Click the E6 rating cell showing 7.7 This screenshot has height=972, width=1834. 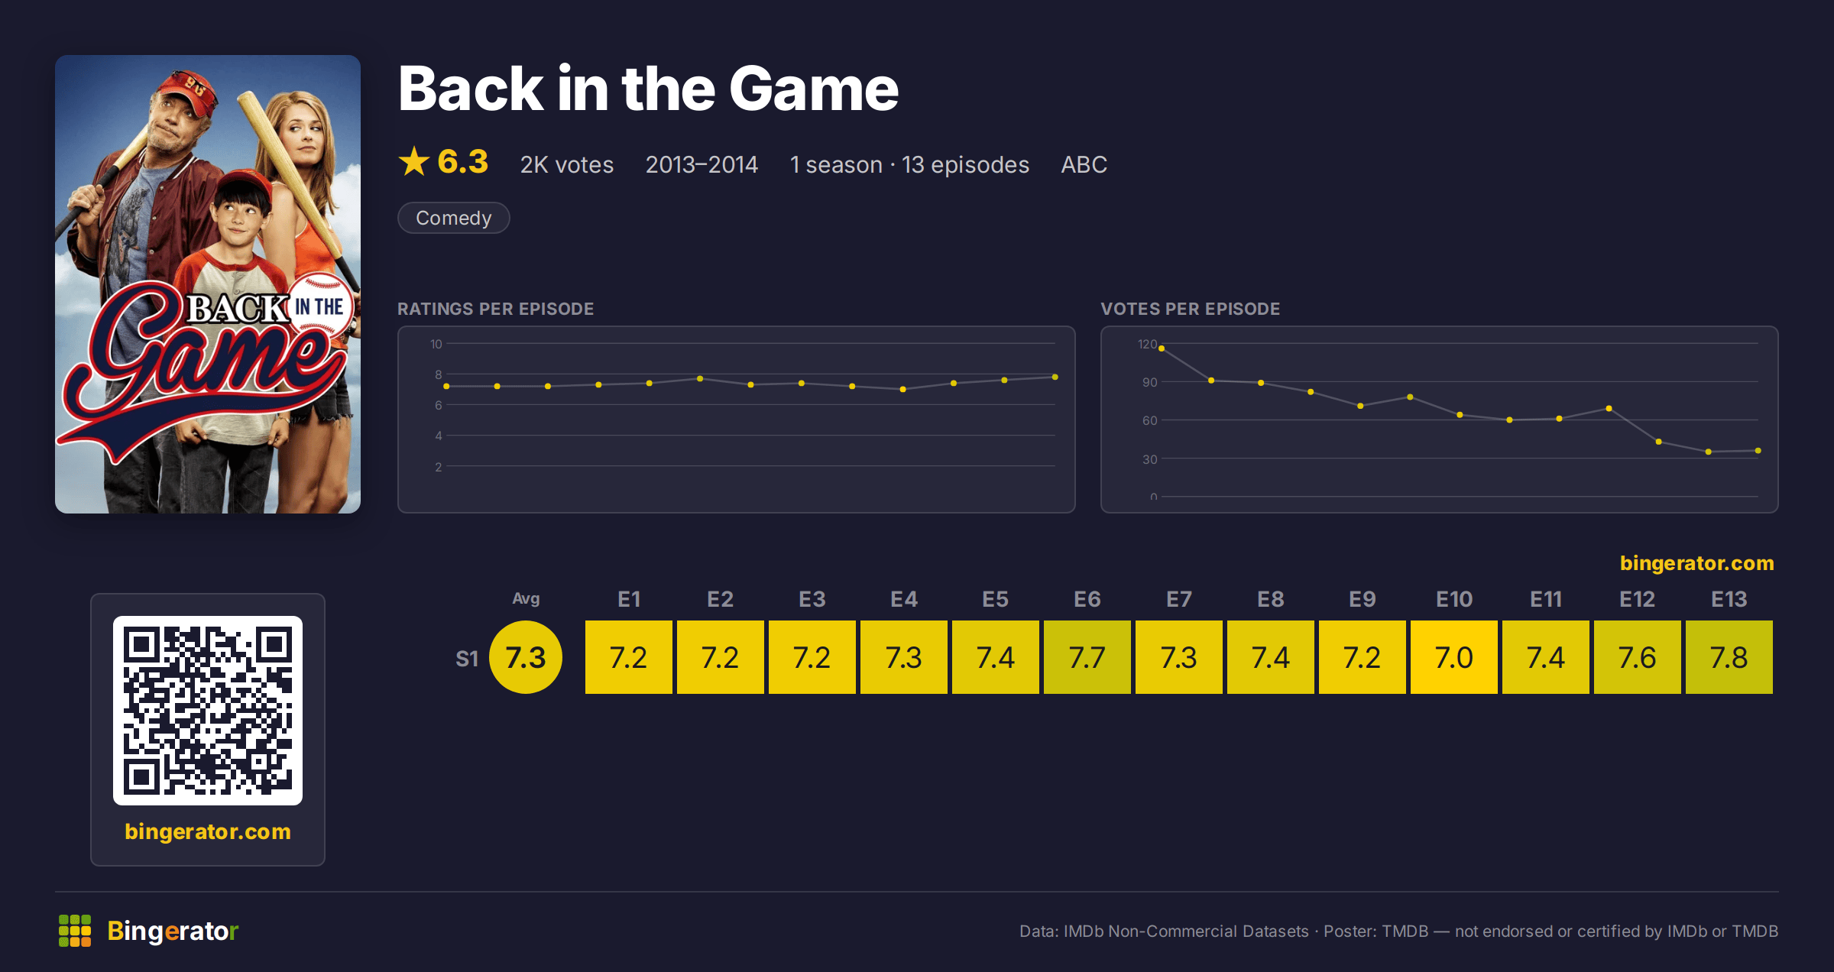pos(1087,657)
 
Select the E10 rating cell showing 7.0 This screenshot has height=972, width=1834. pos(1453,657)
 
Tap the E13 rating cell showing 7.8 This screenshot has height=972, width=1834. pos(1729,657)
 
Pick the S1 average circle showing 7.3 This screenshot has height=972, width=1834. pos(526,657)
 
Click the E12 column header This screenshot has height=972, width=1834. pos(1637,599)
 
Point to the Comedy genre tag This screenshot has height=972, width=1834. pos(454,218)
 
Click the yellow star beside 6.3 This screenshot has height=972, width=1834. pos(414,161)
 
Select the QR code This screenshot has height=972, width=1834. pos(208,711)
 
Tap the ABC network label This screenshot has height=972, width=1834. pos(1084,164)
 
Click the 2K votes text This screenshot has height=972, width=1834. pos(567,164)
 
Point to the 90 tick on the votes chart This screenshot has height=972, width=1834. pos(1149,382)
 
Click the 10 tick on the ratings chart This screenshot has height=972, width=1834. pos(436,344)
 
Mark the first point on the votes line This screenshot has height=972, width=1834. pos(1162,348)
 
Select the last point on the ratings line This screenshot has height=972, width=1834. pos(1055,377)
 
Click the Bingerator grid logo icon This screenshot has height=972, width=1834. pos(75,931)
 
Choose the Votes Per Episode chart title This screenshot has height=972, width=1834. pos(1190,309)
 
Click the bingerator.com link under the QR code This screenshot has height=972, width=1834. pos(208,831)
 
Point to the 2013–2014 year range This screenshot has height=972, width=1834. pos(702,164)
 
